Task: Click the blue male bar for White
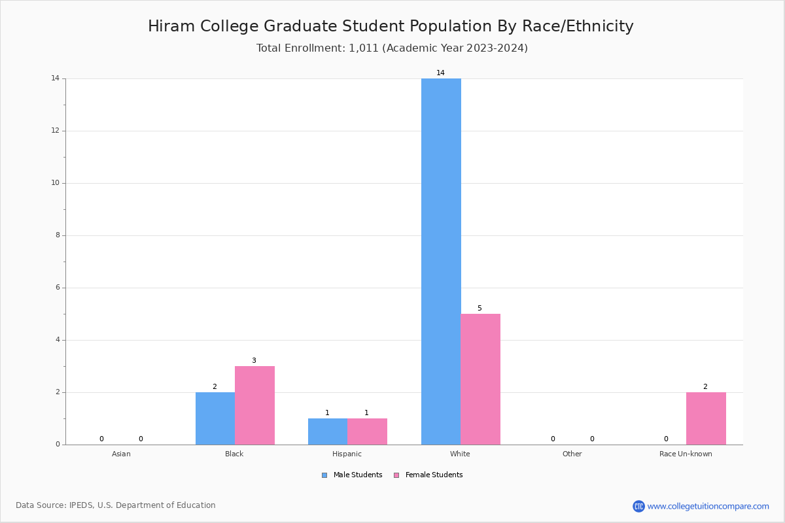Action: [x=441, y=261]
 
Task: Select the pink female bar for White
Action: [x=480, y=379]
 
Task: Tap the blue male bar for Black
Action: [x=215, y=418]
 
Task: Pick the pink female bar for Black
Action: [x=254, y=405]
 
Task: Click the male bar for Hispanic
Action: [x=328, y=431]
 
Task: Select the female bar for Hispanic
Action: [x=367, y=431]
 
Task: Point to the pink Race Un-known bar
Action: [x=706, y=418]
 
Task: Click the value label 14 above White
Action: [x=440, y=73]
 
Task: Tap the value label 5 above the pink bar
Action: [x=480, y=308]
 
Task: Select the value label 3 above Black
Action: [x=254, y=360]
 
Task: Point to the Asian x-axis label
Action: [x=121, y=454]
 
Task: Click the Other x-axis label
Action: [x=572, y=454]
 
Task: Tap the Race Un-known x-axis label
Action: [x=686, y=454]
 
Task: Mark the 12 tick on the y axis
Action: [x=55, y=131]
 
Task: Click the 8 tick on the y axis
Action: [x=57, y=235]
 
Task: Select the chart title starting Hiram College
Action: [x=391, y=26]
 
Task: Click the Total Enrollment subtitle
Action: [x=392, y=48]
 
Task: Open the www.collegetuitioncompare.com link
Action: [x=708, y=506]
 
